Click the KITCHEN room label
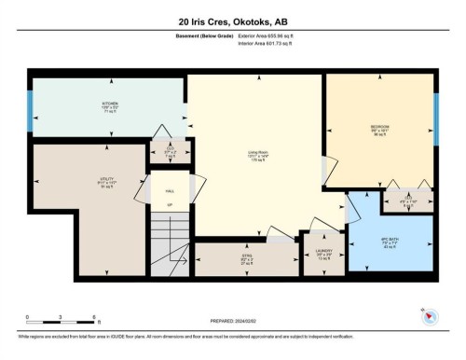click(110, 104)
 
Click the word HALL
click(169, 188)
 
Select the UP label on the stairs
click(169, 204)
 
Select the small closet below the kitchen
click(169, 151)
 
